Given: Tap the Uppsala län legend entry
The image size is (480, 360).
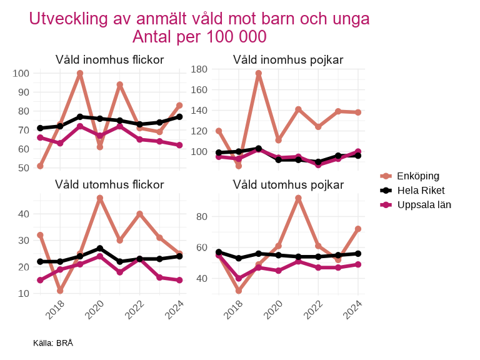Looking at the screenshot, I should [424, 204].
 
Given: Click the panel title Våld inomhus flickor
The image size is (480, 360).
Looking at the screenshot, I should [110, 60].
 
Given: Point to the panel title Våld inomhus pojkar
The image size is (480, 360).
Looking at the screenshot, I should [288, 60].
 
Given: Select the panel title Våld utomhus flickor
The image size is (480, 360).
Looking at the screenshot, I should [110, 184].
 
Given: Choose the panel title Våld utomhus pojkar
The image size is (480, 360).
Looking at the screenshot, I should [288, 184].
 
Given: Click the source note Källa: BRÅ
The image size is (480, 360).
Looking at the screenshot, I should [53, 343].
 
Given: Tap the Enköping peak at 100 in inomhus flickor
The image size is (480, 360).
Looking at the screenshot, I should [80, 73].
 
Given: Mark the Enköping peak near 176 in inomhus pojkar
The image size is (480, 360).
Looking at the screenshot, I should [258, 73].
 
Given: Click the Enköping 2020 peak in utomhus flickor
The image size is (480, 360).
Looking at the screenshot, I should [100, 198].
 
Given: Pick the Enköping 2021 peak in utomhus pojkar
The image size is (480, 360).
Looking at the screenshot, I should [298, 198].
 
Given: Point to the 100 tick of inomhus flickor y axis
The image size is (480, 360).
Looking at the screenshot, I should [21, 74].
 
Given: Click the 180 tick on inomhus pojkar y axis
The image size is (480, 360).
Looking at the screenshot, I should [199, 69].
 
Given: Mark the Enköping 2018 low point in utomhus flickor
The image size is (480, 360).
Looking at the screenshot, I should [60, 291].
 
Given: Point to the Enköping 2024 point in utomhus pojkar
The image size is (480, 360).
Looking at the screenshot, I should [357, 229].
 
